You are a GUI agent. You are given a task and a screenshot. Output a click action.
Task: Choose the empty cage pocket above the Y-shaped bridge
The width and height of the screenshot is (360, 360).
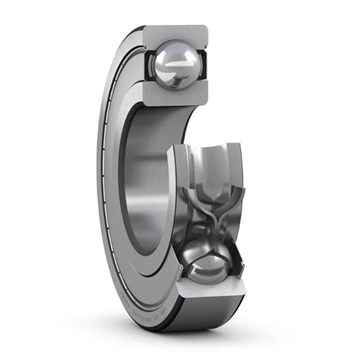click(215, 165)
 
